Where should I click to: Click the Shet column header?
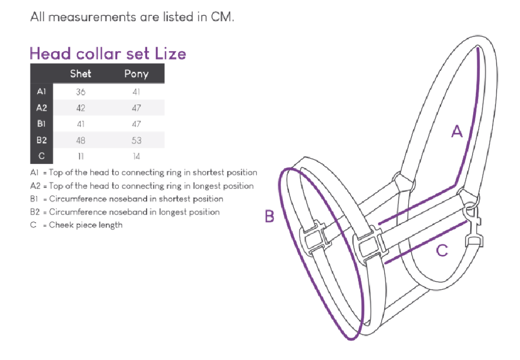81,74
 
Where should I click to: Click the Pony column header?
136,74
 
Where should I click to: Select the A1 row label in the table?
41,91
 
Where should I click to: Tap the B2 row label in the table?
41,140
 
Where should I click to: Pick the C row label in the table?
41,156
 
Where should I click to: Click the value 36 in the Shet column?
81,92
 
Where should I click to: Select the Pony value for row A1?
136,92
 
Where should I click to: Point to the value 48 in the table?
81,140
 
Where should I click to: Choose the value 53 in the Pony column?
136,140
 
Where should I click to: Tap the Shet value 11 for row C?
81,156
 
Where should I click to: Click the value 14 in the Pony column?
136,156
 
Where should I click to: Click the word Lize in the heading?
171,54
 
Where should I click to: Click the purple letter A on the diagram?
457,131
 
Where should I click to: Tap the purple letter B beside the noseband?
270,216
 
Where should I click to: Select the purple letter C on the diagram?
442,251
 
